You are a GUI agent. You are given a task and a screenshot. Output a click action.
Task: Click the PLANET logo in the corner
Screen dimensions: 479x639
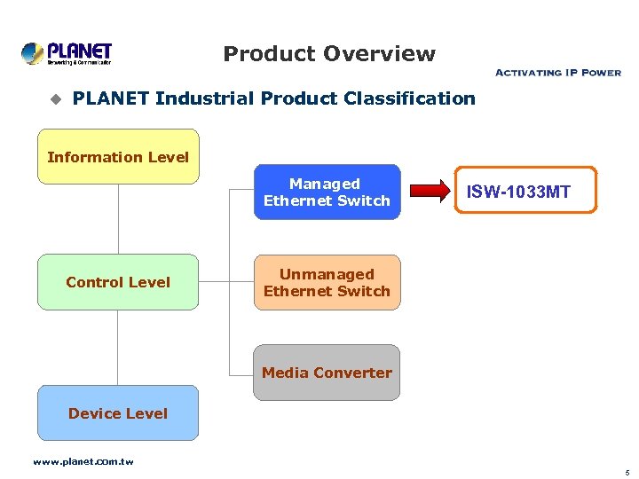67,53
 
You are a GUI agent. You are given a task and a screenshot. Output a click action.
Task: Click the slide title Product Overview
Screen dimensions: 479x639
329,54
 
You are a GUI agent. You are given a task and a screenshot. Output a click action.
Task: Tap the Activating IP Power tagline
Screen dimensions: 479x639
557,72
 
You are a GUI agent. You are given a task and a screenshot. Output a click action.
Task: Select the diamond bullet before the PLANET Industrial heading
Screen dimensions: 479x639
54,98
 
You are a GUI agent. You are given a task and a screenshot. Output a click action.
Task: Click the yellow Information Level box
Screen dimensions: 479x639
118,157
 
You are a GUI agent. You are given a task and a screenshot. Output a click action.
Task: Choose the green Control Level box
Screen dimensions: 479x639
118,282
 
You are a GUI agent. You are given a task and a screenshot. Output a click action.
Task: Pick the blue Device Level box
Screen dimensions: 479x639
118,413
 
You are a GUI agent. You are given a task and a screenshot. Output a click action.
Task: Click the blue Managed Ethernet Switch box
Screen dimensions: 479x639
327,192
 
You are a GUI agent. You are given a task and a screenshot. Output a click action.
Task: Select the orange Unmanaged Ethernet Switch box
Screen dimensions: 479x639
327,283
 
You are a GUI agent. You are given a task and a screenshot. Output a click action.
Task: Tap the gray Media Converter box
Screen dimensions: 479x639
327,373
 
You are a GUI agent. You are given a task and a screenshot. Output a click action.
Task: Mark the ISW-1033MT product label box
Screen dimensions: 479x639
526,191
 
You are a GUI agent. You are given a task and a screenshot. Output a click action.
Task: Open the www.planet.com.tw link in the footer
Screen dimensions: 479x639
83,462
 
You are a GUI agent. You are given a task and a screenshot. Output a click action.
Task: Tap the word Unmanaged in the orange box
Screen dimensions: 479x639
327,274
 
